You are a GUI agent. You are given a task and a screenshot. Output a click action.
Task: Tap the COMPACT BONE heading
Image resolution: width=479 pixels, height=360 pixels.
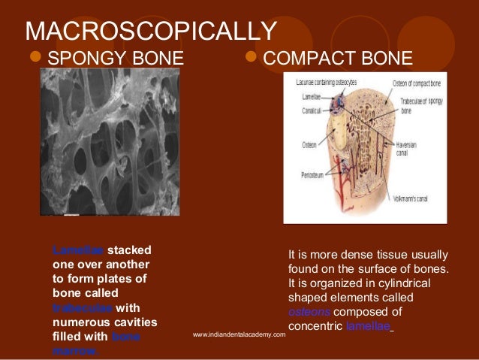(x=339, y=58)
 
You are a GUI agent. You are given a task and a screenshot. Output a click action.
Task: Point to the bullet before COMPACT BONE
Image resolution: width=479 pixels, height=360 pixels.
(x=253, y=58)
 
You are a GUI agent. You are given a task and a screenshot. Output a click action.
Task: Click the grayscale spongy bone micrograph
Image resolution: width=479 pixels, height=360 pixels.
(x=110, y=143)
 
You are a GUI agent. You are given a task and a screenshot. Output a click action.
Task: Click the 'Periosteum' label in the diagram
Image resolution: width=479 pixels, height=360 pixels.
(x=304, y=172)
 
